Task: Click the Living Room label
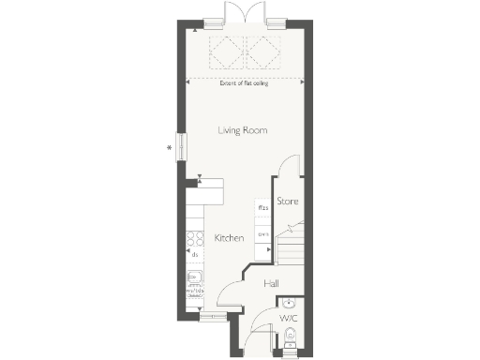point(243,130)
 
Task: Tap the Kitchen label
point(229,238)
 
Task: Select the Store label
point(287,201)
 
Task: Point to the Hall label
point(271,283)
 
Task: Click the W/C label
point(289,319)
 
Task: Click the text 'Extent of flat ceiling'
point(247,83)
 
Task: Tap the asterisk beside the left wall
point(170,147)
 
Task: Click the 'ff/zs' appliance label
point(263,208)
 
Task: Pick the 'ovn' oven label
point(263,234)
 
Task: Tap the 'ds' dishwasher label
point(195,253)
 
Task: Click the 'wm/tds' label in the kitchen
point(195,292)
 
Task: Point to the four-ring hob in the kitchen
point(195,237)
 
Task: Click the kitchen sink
point(194,277)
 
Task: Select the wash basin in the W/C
point(290,303)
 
